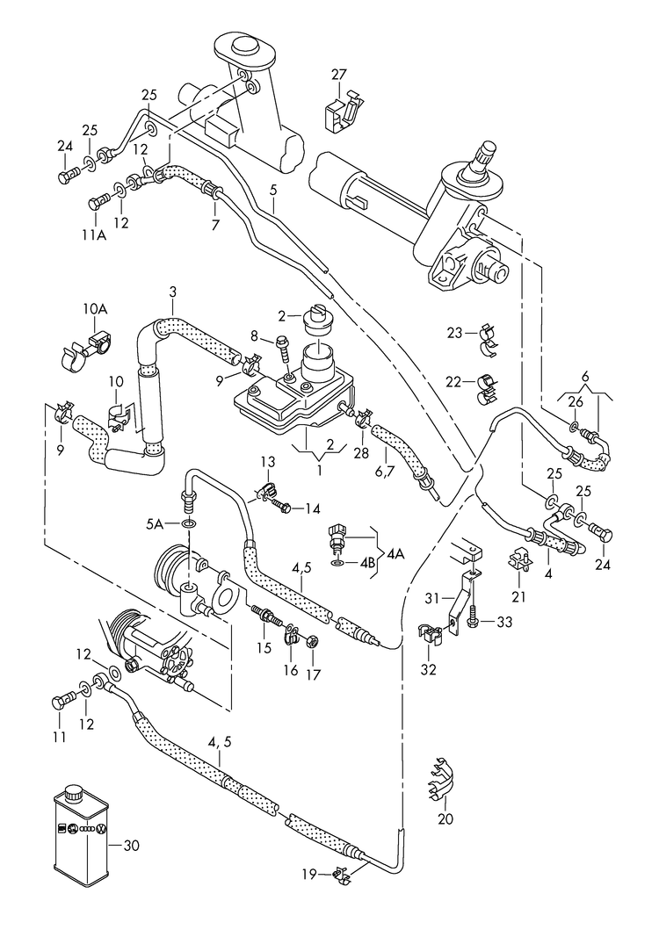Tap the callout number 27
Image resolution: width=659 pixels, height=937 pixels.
click(x=339, y=75)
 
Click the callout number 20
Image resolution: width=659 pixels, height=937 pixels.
click(x=445, y=819)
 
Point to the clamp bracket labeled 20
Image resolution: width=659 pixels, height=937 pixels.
click(x=441, y=778)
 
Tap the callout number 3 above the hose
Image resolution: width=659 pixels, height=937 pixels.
click(x=172, y=292)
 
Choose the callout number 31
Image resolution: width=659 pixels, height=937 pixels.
click(x=431, y=598)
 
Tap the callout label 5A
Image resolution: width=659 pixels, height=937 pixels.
click(x=155, y=524)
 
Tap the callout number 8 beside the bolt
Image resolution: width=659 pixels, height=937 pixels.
click(x=254, y=335)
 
